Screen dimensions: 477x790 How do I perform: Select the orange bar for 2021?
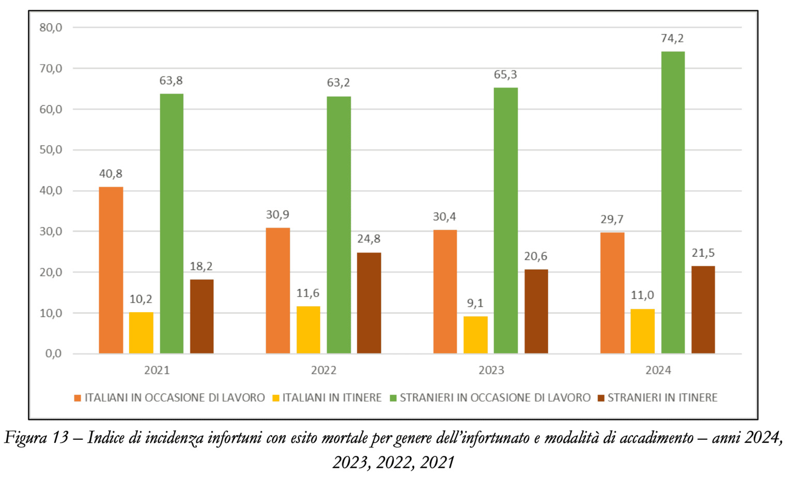[x=111, y=270]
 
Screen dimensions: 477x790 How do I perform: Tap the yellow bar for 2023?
[x=475, y=335]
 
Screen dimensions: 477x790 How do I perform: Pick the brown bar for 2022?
[x=369, y=303]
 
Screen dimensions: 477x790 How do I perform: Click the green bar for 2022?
[x=338, y=225]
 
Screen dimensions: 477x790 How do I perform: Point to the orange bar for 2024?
[x=612, y=293]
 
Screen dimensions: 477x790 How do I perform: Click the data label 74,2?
[x=672, y=38]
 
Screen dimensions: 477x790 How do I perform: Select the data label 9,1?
[x=475, y=303]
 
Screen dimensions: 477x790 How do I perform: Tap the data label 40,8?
[x=111, y=174]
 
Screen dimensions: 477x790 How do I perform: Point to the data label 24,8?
[x=369, y=239]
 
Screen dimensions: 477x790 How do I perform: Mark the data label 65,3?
[x=505, y=75]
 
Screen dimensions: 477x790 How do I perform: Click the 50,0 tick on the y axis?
[x=51, y=150]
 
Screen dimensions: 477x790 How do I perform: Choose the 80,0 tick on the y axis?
[x=51, y=27]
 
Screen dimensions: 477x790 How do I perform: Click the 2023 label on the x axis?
[x=491, y=371]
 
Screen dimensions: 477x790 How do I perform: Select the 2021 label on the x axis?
[x=157, y=371]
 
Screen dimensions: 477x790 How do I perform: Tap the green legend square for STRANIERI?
[x=393, y=398]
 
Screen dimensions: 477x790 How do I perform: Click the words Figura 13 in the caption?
[x=36, y=438]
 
